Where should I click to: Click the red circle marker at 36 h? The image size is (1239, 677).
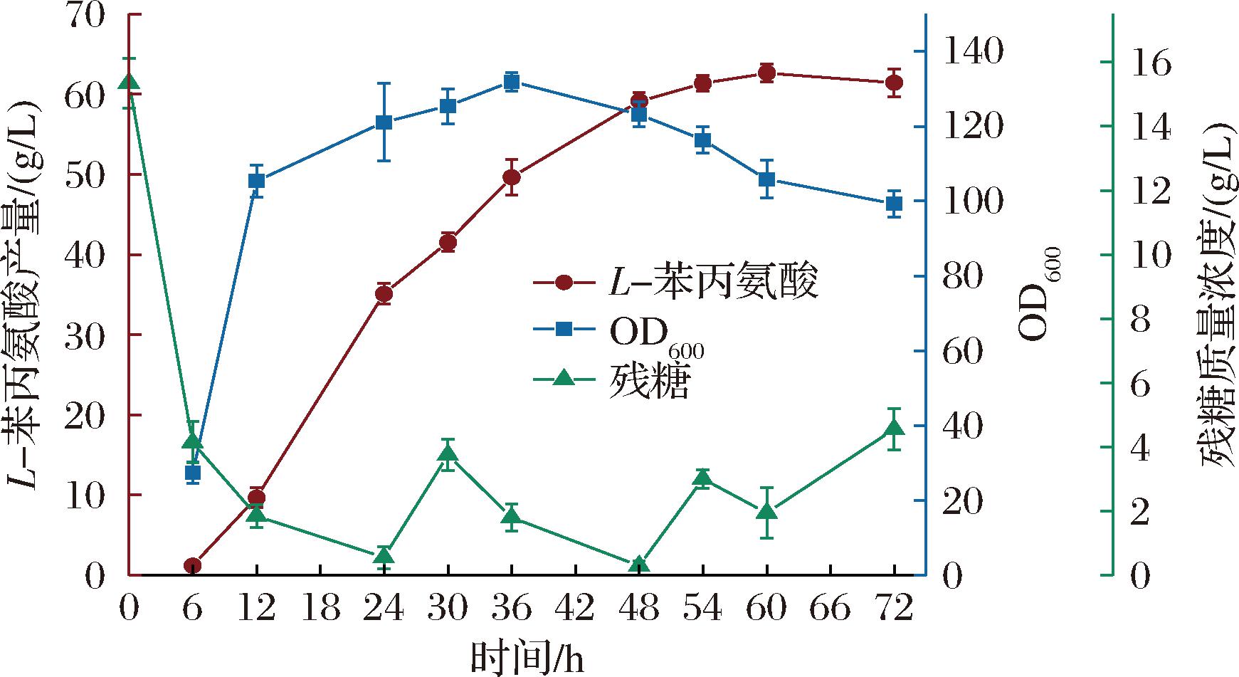pos(512,177)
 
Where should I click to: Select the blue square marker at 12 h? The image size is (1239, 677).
pos(257,181)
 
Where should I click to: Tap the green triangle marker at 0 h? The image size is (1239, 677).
pos(129,83)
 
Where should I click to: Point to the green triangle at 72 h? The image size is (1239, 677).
pos(895,428)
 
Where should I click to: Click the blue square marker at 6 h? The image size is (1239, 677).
pos(193,473)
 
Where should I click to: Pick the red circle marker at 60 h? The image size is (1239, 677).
pos(766,73)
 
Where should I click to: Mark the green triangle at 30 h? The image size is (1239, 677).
pos(448,454)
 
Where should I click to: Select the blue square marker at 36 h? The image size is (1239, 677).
pos(512,82)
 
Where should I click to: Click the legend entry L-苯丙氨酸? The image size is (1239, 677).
pos(676,282)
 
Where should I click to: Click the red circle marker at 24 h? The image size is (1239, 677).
pos(384,294)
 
